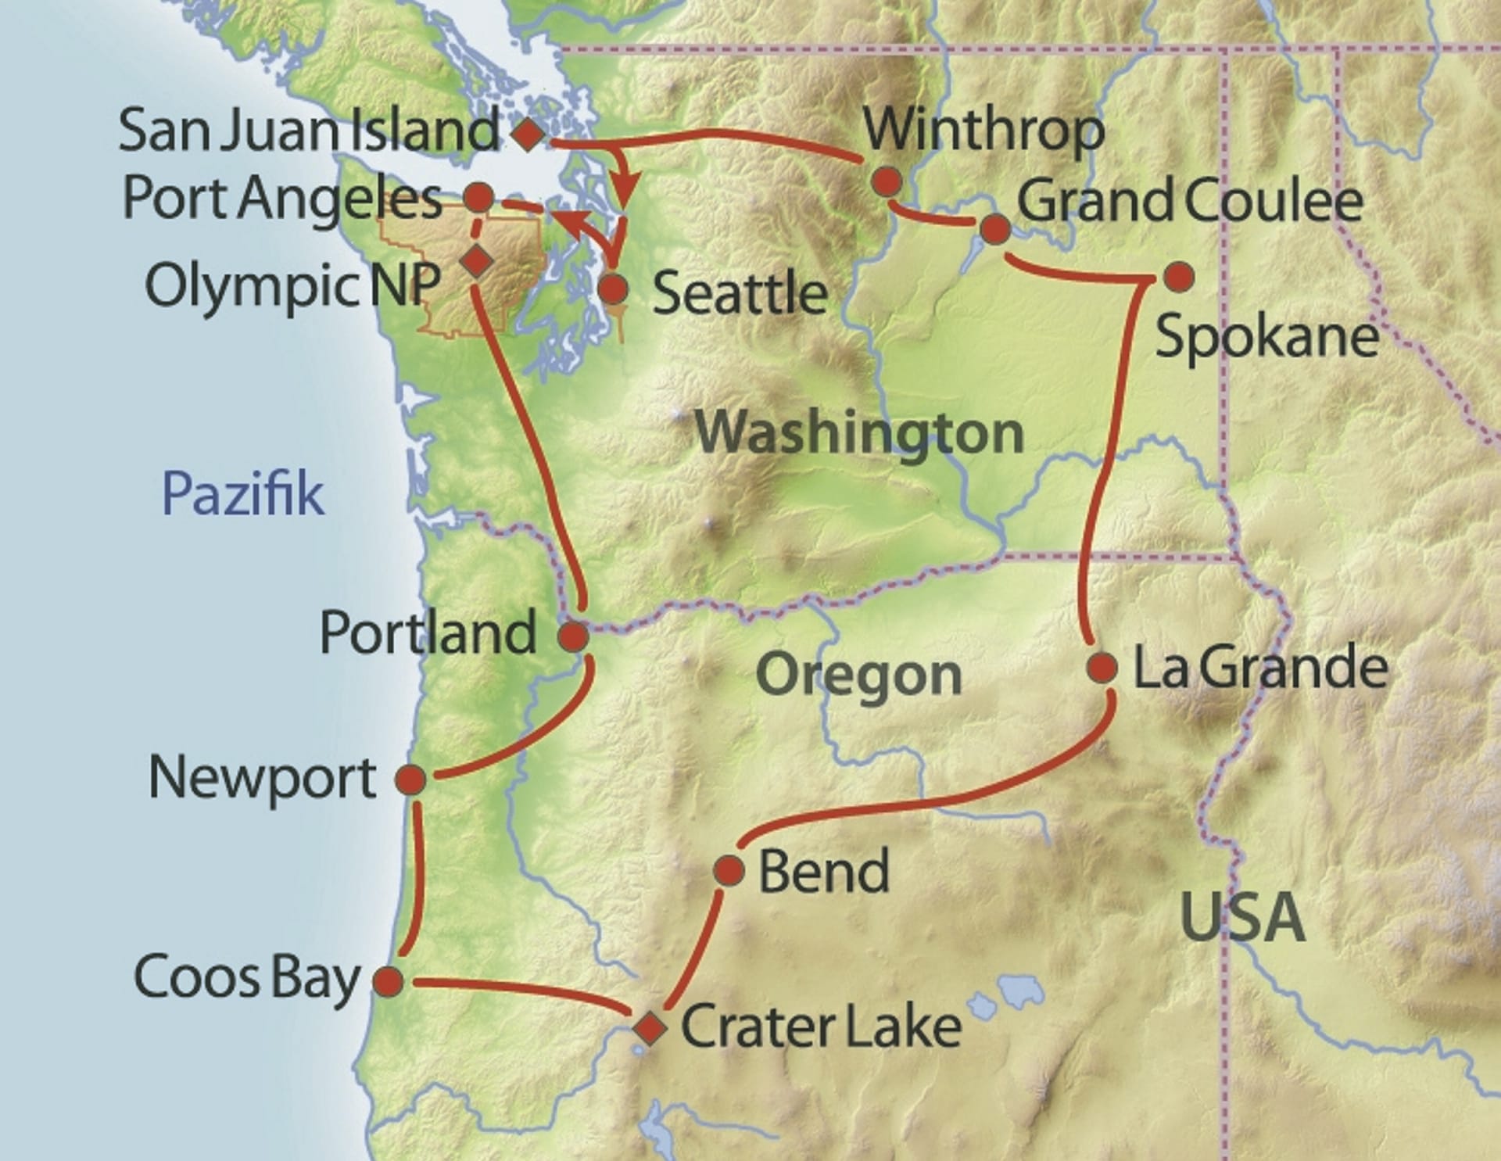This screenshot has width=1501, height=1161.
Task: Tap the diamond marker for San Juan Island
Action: point(528,134)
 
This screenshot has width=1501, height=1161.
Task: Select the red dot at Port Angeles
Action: point(478,197)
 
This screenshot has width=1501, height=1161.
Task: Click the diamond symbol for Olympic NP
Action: point(477,260)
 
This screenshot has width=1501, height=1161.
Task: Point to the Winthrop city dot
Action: point(886,182)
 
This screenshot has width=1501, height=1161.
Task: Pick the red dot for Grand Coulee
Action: point(994,229)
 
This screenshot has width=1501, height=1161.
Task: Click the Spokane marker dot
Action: point(1179,276)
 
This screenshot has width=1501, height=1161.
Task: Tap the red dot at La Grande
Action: point(1102,668)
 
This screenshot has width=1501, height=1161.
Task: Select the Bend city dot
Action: point(729,870)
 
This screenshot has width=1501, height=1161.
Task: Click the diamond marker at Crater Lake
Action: point(650,1028)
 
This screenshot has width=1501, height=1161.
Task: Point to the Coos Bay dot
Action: point(389,980)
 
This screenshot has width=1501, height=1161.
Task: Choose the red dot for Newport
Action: point(411,779)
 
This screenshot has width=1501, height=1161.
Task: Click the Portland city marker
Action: point(573,636)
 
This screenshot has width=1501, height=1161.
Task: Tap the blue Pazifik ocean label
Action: point(242,494)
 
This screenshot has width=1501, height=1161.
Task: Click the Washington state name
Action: point(858,432)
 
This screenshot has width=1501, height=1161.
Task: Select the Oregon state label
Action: point(858,675)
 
